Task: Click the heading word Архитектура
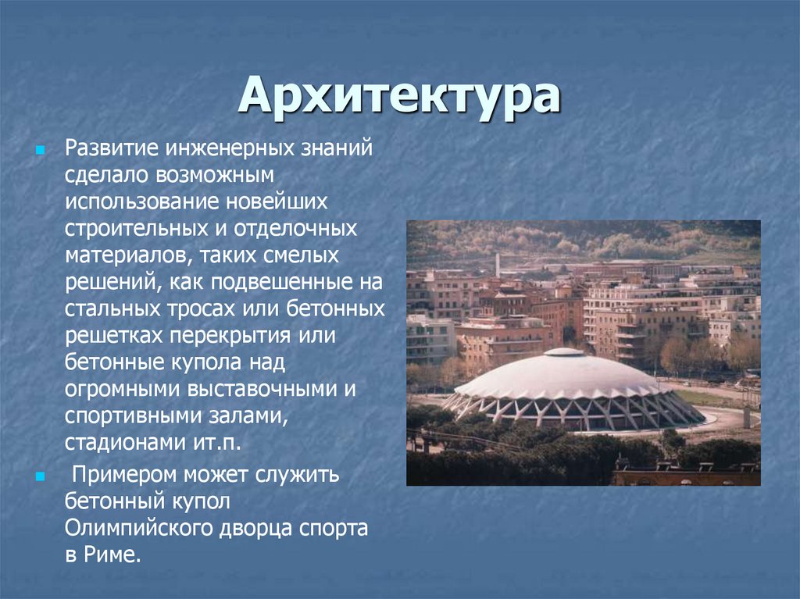(x=399, y=96)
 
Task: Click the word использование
(x=137, y=201)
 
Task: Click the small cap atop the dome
(x=563, y=352)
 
